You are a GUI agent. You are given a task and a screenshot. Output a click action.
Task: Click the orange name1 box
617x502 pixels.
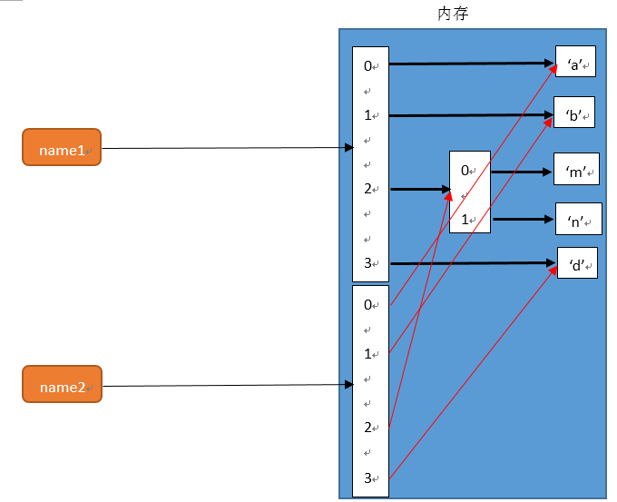(x=61, y=148)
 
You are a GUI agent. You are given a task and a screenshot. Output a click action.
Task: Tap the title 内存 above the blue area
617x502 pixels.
(x=453, y=14)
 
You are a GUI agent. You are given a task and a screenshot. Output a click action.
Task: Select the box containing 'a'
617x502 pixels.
(x=575, y=64)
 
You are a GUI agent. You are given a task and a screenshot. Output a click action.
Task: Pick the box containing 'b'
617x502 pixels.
(x=573, y=114)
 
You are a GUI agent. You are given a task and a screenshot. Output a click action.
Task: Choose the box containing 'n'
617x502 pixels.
(x=578, y=219)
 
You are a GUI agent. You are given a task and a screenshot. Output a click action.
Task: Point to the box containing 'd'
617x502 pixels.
(x=576, y=263)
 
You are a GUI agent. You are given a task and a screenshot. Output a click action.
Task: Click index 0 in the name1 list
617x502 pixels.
(x=368, y=65)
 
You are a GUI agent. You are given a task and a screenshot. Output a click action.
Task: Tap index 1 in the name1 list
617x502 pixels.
(x=368, y=115)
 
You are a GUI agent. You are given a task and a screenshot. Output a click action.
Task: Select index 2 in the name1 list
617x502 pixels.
(x=368, y=189)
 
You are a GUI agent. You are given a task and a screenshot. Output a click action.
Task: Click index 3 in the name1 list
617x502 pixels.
(x=368, y=263)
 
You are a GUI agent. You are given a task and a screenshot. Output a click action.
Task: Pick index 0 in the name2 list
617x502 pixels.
(x=368, y=305)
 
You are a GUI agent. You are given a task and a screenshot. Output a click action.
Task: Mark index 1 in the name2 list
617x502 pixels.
(x=368, y=354)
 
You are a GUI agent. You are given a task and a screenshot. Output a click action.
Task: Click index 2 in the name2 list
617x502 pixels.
(x=368, y=428)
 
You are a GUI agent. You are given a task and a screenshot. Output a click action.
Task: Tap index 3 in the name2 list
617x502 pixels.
(x=368, y=477)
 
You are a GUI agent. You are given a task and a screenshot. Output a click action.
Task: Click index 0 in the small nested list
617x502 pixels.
(x=465, y=170)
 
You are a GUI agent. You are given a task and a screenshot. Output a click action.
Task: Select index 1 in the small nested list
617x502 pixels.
(x=465, y=219)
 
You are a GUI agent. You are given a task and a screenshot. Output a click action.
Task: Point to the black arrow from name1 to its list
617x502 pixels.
(x=227, y=148)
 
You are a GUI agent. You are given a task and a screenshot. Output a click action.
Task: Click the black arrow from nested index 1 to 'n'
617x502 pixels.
(x=522, y=219)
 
